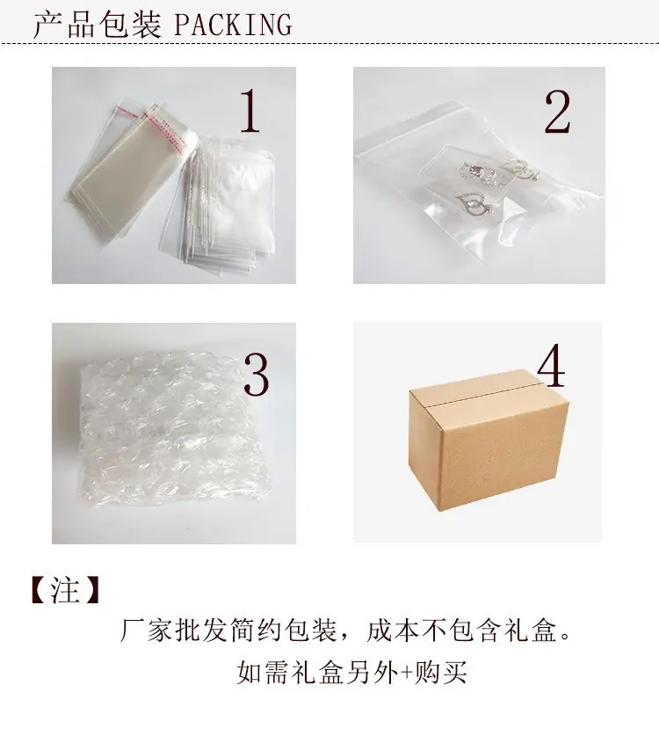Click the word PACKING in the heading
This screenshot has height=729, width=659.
click(233, 26)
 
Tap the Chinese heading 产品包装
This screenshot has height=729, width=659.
click(98, 26)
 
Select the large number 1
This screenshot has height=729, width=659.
click(250, 111)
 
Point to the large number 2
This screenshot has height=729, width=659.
click(557, 112)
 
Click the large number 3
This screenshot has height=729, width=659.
click(256, 375)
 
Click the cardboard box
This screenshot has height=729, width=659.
click(489, 440)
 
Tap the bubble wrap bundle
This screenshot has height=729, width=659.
click(172, 430)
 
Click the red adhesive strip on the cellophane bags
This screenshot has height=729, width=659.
click(153, 122)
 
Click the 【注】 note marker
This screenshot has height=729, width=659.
click(65, 591)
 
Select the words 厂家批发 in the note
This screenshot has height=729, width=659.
click(173, 631)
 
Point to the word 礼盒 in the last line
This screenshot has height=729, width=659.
click(318, 673)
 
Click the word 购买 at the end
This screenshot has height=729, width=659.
click(440, 673)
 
